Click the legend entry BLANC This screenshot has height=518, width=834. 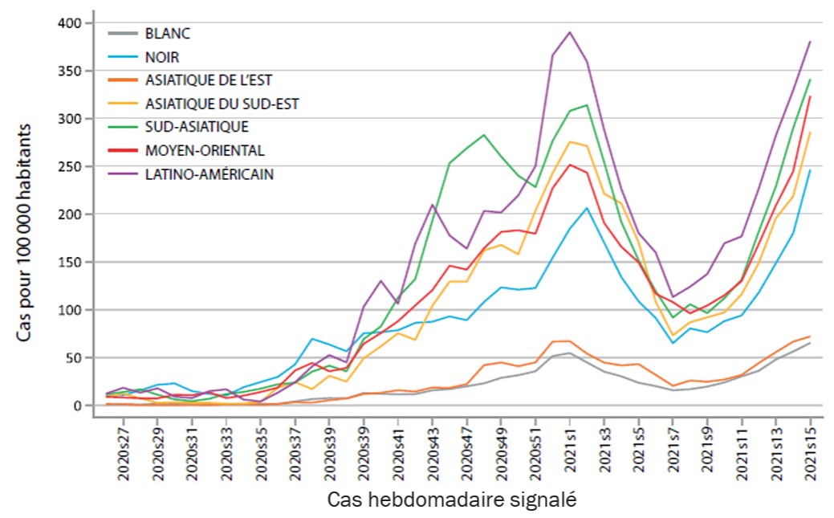click(x=167, y=34)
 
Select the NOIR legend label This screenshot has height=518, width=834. click(x=162, y=57)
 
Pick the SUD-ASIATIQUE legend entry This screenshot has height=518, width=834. click(x=197, y=126)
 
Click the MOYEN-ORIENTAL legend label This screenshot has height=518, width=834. click(x=205, y=149)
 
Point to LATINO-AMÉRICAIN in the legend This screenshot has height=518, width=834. click(x=210, y=173)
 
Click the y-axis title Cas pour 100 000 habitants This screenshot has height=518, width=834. click(x=26, y=233)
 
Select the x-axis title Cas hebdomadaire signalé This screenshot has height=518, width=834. click(x=453, y=499)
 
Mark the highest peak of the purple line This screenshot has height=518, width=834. click(x=570, y=32)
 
